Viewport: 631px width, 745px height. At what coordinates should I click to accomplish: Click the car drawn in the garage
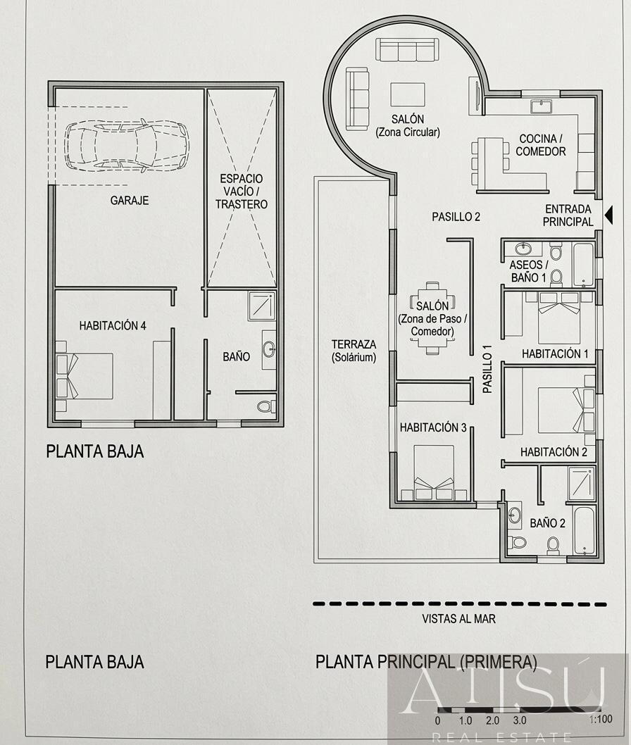point(127,144)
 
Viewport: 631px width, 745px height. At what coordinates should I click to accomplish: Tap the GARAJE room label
point(130,201)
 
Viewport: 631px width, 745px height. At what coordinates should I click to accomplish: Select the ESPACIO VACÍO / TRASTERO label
point(242,192)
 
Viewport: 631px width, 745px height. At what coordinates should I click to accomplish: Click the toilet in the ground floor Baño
point(265,406)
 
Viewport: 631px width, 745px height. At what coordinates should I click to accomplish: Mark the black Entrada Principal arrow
point(609,217)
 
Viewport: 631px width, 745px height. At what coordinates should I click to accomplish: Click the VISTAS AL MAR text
point(458,619)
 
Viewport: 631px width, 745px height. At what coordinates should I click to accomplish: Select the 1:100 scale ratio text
point(600,720)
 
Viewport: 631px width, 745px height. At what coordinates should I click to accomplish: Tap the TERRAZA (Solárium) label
point(354,351)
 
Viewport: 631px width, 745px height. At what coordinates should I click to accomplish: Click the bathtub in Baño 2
point(585,530)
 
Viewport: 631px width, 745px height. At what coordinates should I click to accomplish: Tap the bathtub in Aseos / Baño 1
point(584,264)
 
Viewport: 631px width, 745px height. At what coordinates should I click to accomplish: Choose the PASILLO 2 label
point(456,217)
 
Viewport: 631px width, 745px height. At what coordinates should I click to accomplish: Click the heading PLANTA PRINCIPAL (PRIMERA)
point(426,662)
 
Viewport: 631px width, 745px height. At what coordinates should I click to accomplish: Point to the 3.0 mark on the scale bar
point(519,720)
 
